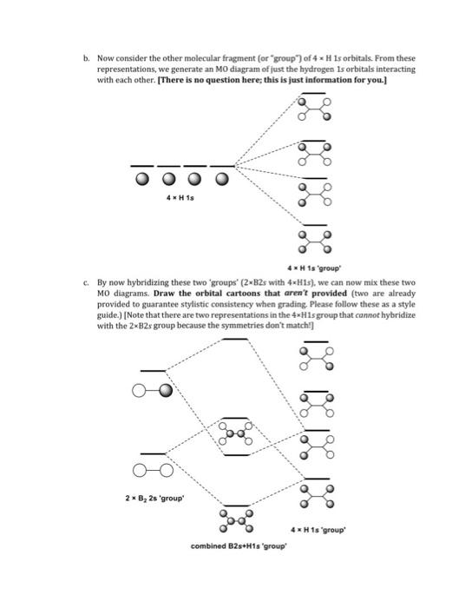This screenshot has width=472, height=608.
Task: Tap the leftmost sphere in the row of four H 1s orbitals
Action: [143, 181]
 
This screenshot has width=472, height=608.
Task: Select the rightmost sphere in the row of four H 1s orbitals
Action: [223, 181]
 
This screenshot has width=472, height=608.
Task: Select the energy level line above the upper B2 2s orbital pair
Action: [152, 371]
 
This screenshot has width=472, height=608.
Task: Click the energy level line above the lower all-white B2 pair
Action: [152, 453]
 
